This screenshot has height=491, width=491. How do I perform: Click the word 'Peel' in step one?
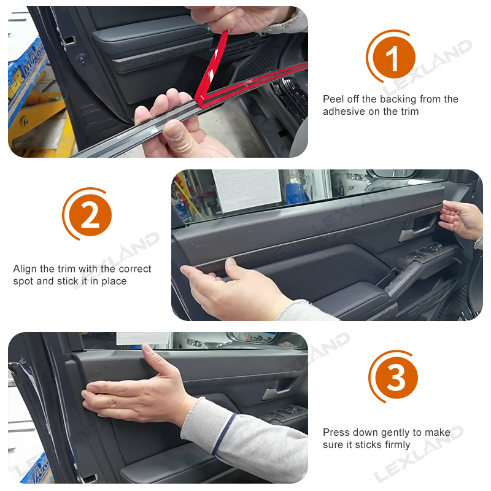[x=334, y=99]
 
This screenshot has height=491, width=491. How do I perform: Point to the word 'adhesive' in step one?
[x=344, y=112]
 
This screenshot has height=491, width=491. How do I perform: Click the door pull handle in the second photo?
[x=417, y=233]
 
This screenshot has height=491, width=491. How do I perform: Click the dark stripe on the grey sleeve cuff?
[x=223, y=433]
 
